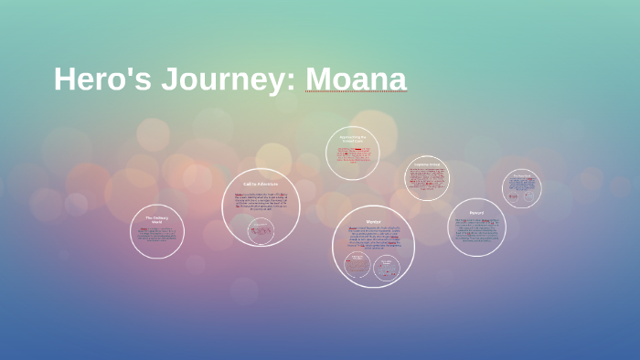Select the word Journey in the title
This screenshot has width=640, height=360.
click(232, 80)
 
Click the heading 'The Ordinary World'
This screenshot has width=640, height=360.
click(157, 219)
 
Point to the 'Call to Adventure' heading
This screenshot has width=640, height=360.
click(261, 184)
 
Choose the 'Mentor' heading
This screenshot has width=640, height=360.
click(373, 220)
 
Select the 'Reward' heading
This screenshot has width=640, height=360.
click(476, 212)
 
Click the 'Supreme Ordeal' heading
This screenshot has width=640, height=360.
click(427, 164)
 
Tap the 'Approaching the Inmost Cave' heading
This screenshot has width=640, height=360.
click(352, 139)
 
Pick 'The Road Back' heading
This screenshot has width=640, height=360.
click(521, 176)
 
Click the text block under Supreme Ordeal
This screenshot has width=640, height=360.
click(427, 179)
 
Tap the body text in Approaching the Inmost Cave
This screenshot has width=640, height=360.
click(352, 155)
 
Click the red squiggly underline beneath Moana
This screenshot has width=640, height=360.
click(355, 93)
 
